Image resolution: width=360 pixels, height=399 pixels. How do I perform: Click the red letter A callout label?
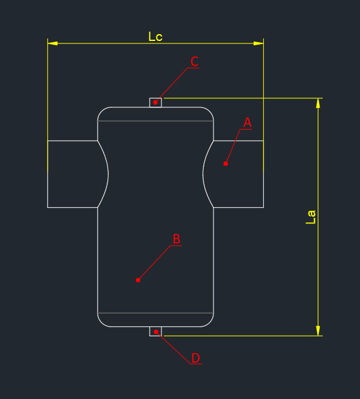coord(247,122)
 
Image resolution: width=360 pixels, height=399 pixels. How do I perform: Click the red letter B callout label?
coord(176,239)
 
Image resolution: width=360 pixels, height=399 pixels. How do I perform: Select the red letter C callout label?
coord(194,61)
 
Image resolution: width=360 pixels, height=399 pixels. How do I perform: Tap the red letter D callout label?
coord(196,358)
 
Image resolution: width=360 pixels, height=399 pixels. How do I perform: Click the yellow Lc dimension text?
coord(155,37)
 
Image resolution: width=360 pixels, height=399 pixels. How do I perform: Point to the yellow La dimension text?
coord(310,217)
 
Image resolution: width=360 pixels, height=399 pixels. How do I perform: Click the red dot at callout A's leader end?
coord(225,164)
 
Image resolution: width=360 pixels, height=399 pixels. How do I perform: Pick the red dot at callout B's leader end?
coord(138,280)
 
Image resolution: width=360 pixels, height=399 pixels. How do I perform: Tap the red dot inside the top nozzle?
coord(155,102)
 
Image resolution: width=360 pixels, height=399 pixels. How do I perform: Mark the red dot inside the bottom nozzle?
coord(156,331)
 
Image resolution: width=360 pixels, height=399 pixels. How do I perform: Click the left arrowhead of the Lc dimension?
coord(52,43)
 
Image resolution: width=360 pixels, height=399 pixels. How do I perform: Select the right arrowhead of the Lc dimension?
coord(258,43)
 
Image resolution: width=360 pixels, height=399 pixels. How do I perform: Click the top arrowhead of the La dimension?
coord(318,103)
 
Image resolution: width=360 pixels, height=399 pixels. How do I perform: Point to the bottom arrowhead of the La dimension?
coord(318,331)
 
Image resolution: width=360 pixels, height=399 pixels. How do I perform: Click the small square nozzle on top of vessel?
coord(156,102)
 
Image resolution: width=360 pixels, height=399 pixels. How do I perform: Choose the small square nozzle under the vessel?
coord(156,331)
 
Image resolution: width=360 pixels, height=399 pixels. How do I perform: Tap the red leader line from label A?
coord(233,146)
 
